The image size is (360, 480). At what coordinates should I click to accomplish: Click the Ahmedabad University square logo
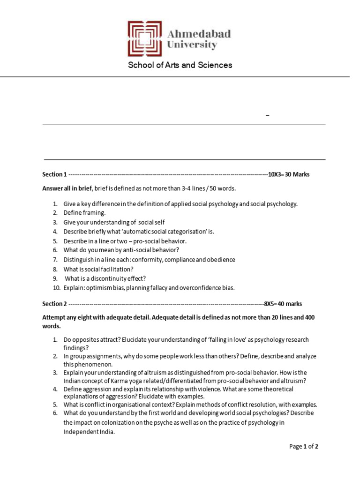pyautogui.click(x=145, y=39)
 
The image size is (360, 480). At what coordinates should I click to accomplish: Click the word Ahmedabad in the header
pyautogui.click(x=199, y=34)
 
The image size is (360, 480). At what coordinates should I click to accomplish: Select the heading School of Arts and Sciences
pyautogui.click(x=180, y=65)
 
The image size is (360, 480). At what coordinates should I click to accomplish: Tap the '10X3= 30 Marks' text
pyautogui.click(x=288, y=174)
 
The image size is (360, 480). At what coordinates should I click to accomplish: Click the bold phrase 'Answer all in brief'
pyautogui.click(x=67, y=188)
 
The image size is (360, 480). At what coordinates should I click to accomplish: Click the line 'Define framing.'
pyautogui.click(x=85, y=213)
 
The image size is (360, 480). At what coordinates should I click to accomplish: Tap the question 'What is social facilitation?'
pyautogui.click(x=98, y=269)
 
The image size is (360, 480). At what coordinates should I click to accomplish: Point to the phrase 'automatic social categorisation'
pyautogui.click(x=158, y=232)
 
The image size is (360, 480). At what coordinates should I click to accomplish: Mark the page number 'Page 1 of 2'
pyautogui.click(x=304, y=447)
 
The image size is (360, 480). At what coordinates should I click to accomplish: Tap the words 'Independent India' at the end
pyautogui.click(x=89, y=432)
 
